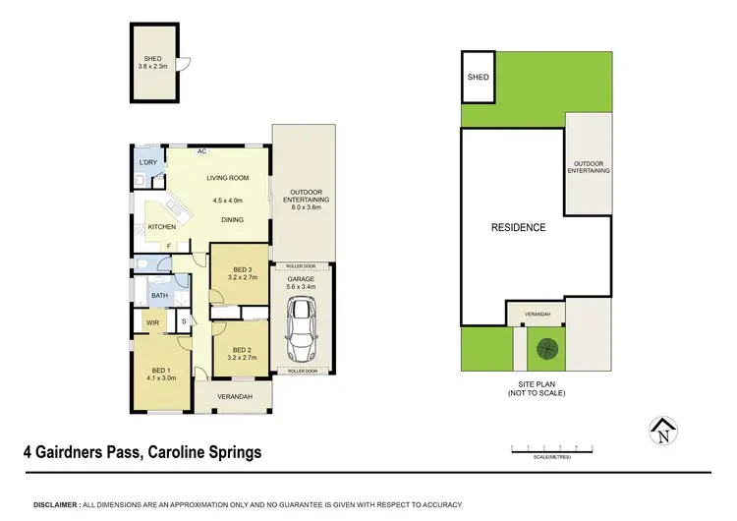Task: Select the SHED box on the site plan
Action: (x=478, y=77)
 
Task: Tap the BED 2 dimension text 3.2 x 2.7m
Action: (x=243, y=357)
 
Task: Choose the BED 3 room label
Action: (x=243, y=270)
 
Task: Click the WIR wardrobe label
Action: (x=152, y=321)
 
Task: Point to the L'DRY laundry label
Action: (x=148, y=162)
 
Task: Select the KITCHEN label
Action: (x=161, y=227)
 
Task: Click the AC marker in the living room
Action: (x=201, y=151)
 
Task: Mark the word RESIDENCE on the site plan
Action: (x=518, y=227)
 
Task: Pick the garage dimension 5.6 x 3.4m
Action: (x=301, y=287)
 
